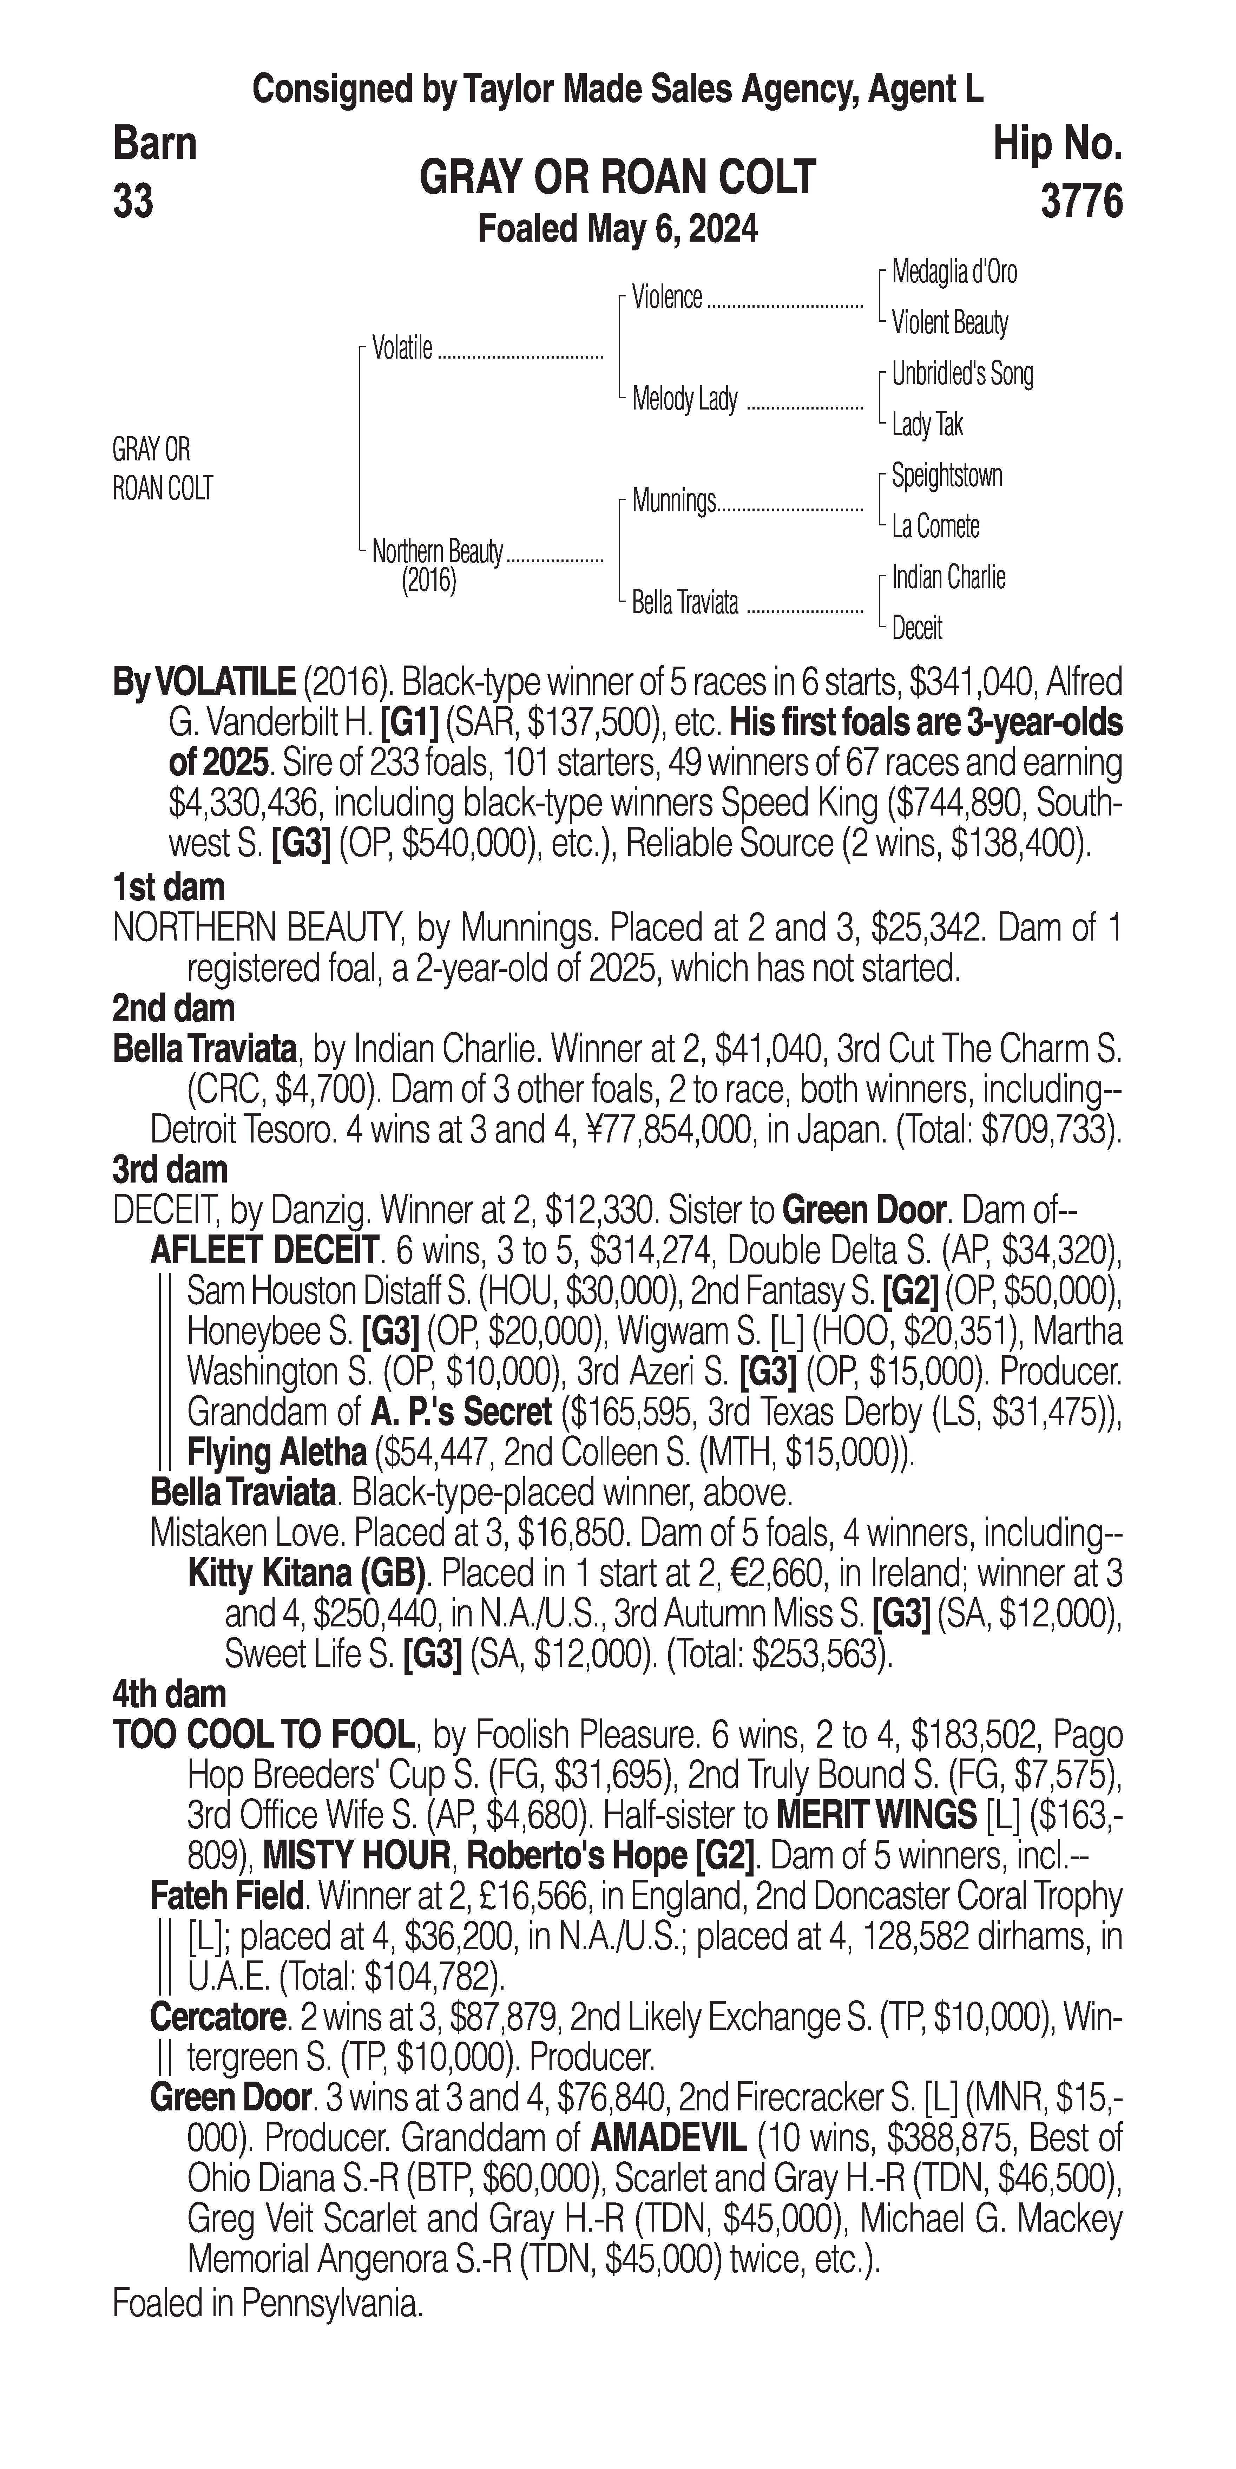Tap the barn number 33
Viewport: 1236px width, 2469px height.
(x=133, y=202)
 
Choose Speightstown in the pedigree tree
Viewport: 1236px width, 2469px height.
(x=947, y=476)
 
